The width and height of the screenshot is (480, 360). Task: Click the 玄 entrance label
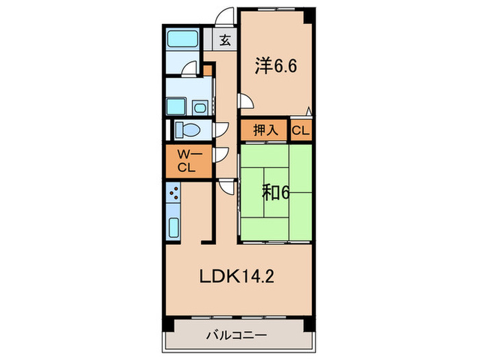click(225, 40)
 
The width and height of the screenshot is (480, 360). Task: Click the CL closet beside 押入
click(300, 130)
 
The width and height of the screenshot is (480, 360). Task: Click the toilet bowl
click(187, 130)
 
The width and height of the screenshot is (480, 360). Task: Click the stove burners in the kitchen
click(173, 194)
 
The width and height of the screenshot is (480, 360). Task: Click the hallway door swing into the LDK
click(226, 186)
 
